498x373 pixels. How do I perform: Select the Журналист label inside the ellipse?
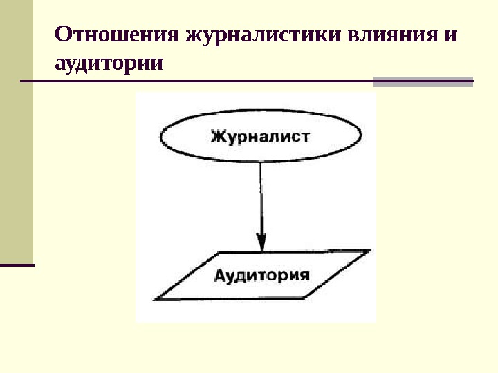tap(260, 136)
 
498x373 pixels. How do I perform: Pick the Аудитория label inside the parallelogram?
tap(261, 276)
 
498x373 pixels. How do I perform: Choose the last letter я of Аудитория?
tap(302, 276)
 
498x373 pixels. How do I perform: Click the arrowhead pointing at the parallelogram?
tap(261, 241)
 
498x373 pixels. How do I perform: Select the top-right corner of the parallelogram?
tap(367, 251)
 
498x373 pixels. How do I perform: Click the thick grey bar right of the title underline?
tap(423, 82)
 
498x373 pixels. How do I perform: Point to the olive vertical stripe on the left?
tap(17, 131)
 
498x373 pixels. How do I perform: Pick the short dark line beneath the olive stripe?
tap(17, 264)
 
